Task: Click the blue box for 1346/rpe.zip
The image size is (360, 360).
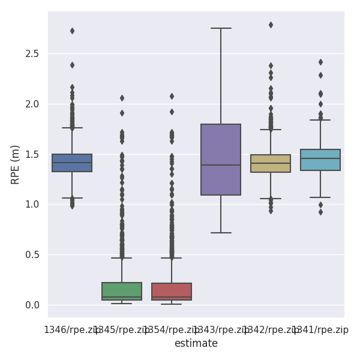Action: [x=72, y=163]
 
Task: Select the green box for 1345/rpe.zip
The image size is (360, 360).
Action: [x=122, y=291]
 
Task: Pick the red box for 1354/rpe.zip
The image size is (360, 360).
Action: [x=172, y=292]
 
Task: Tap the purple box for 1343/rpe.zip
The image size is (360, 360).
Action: [x=221, y=160]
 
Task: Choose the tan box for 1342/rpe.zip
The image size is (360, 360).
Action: [x=271, y=163]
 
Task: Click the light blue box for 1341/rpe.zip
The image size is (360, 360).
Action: [x=320, y=160]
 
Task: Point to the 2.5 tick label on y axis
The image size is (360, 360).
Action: [x=32, y=54]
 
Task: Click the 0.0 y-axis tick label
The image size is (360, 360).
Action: [x=32, y=305]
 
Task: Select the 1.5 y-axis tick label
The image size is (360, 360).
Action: [x=32, y=154]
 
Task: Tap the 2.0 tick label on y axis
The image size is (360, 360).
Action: [x=32, y=104]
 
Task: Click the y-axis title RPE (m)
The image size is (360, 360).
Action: [x=16, y=164]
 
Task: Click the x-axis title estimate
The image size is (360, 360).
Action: [x=196, y=343]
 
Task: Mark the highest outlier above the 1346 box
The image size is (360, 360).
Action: [x=72, y=31]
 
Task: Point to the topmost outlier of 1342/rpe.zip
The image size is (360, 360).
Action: [x=271, y=25]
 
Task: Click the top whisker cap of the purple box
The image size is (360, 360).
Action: [x=221, y=28]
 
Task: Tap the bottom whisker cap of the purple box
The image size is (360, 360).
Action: [x=221, y=232]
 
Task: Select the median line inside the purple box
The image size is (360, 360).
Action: [x=221, y=165]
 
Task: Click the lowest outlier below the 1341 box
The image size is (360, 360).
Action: [x=320, y=212]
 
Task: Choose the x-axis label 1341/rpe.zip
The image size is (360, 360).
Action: [x=321, y=330]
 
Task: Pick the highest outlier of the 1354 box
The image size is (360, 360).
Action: [x=172, y=96]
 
